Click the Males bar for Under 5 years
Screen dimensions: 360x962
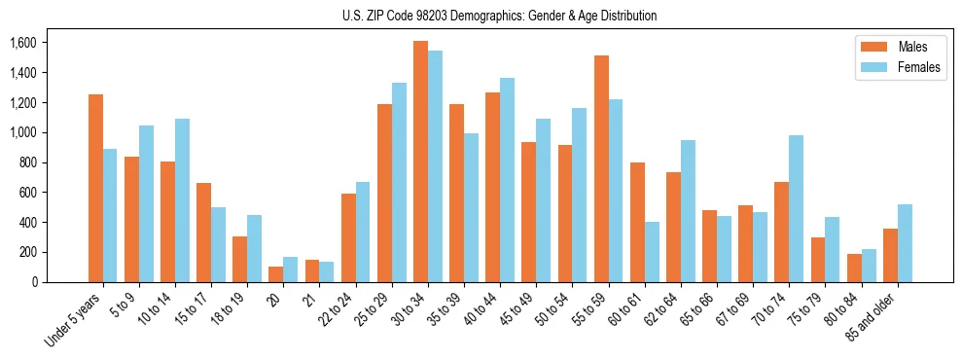95,188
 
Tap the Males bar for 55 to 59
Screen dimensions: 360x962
601,168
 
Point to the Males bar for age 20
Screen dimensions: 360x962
275,274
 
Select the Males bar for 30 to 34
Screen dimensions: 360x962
420,162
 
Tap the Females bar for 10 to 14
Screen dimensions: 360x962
182,200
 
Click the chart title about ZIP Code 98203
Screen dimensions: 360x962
499,16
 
